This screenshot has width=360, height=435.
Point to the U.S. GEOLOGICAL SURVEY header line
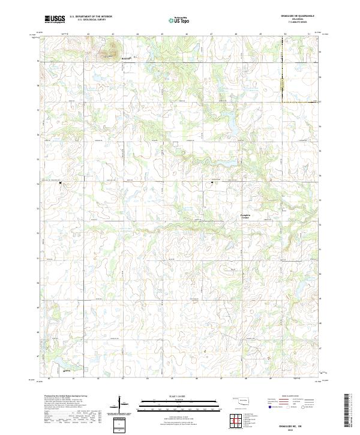coord(88,20)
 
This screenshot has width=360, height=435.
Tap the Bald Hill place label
coord(125,58)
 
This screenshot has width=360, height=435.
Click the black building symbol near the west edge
coord(60,184)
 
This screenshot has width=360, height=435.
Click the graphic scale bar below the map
coord(171,404)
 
